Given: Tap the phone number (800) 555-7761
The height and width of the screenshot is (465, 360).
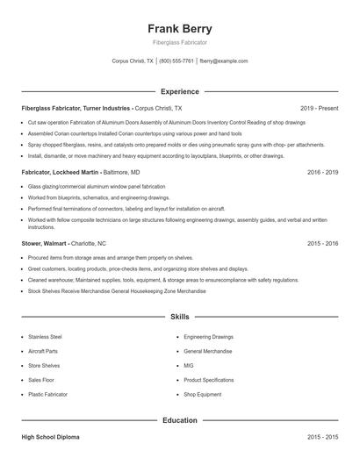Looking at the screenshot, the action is coord(176,61).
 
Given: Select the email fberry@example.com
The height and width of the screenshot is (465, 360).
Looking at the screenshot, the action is coord(223,61).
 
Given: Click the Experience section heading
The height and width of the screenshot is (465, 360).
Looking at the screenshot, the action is coord(179,91).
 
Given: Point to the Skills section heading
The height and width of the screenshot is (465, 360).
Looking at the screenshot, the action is coord(179,316).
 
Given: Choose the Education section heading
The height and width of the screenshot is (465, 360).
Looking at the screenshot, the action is coord(179,420).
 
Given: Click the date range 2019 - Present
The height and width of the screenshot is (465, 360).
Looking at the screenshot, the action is coord(319,107).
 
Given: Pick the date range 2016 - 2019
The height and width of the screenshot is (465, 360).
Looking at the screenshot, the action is coord(322,173).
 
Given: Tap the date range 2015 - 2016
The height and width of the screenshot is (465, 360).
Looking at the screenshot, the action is coord(322,242).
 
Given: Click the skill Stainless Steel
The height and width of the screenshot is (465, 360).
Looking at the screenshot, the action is coord(45,336).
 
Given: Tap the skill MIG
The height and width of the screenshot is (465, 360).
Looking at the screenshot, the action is coord(189,365).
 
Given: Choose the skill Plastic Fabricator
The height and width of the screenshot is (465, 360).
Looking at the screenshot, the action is coord(49,395).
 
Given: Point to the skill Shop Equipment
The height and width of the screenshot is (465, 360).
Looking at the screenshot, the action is coord(202,395).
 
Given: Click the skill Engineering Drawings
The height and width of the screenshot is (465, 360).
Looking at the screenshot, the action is coord(208,336).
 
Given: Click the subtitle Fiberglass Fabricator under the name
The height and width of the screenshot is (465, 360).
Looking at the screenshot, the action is coord(179,42).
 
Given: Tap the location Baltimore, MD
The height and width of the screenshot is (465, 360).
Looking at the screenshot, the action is coord(122,173).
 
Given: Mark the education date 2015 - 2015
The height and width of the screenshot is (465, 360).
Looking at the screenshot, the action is coord(322,436).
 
